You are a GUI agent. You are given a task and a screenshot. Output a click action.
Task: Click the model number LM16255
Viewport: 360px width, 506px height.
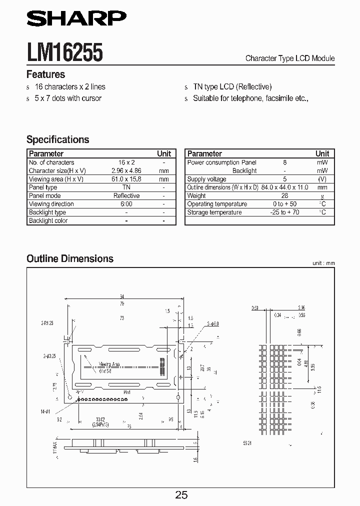[64, 52]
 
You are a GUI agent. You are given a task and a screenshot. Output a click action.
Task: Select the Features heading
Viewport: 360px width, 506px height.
[45, 74]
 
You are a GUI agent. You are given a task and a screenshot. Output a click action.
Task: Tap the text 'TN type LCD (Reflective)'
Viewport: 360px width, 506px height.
[232, 86]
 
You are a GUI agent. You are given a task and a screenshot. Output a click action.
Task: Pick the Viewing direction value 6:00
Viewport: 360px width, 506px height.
[126, 204]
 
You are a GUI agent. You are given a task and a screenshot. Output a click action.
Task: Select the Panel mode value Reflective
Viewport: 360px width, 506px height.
[126, 195]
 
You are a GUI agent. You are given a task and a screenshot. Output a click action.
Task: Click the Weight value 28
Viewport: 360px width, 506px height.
[284, 195]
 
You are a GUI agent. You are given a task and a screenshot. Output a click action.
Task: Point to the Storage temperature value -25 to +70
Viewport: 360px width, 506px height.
[284, 212]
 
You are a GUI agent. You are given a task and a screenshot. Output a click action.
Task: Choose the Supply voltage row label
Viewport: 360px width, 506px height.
[206, 179]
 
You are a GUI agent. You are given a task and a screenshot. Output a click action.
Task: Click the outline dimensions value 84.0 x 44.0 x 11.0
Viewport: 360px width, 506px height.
[284, 187]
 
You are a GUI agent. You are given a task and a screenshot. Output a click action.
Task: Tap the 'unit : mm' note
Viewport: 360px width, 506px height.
[323, 263]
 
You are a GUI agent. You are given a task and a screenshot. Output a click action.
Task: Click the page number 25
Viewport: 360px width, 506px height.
[181, 494]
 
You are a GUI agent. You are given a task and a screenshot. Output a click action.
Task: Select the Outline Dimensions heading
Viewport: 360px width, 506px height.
[70, 258]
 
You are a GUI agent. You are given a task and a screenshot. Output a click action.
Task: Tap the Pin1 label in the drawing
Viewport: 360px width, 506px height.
[126, 392]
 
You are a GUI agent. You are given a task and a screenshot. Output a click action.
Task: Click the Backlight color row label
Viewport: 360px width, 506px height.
[48, 220]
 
